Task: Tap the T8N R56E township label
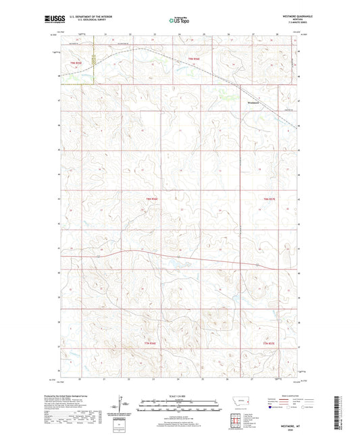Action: pos(152,199)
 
